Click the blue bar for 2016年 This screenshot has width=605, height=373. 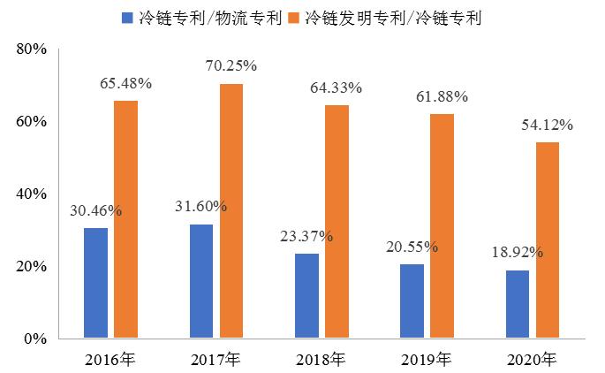pos(95,283)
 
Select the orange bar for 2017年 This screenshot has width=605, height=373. pos(231,211)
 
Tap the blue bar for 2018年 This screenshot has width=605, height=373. pos(307,296)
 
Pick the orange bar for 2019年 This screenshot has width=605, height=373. pos(442,226)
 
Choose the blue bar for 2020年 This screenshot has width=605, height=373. pos(518,304)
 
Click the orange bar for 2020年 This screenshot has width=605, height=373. pos(547,240)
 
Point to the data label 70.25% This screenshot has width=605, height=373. pos(231,65)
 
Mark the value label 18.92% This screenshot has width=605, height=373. pos(518,252)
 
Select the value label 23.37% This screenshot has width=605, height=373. pos(307,236)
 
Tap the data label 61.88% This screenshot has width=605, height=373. pos(442,96)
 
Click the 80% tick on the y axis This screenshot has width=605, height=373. pos(31,49)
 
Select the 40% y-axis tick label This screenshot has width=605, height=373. pos(31,194)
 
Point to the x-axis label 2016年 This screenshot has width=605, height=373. pos(110,359)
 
